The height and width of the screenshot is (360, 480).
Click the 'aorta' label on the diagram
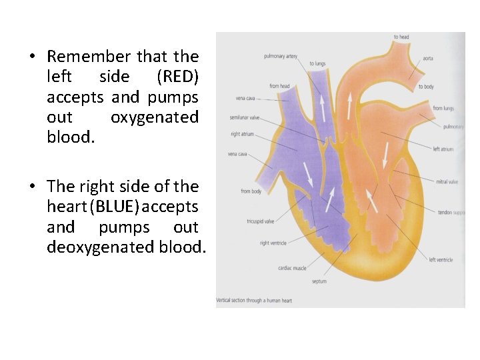pyautogui.click(x=428, y=58)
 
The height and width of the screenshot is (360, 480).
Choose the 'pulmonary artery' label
pyautogui.click(x=281, y=56)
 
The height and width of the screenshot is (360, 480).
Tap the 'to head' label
pyautogui.click(x=401, y=37)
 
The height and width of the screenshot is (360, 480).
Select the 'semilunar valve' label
pyautogui.click(x=245, y=117)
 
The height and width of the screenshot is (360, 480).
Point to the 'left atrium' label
pyautogui.click(x=443, y=149)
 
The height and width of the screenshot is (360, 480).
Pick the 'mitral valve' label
pyautogui.click(x=447, y=181)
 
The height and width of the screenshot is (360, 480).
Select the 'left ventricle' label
pyautogui.click(x=441, y=260)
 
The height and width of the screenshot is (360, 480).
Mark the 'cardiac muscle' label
pyautogui.click(x=292, y=268)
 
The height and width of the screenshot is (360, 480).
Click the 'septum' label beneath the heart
pyautogui.click(x=319, y=281)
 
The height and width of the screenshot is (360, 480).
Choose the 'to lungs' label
pyautogui.click(x=317, y=64)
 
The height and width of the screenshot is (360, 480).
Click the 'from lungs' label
pyautogui.click(x=443, y=108)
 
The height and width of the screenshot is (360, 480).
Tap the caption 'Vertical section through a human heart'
pyautogui.click(x=254, y=301)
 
